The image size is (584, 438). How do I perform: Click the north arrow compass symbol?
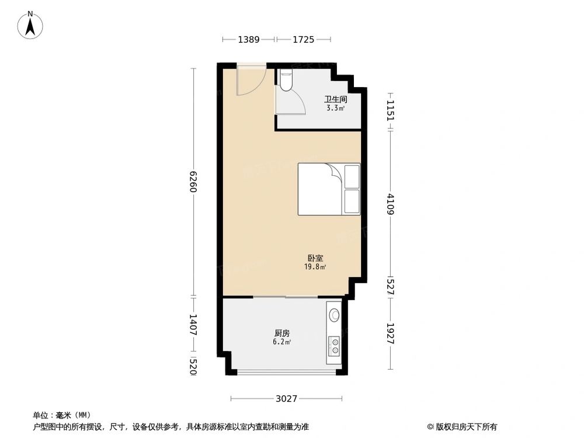click(x=30, y=25)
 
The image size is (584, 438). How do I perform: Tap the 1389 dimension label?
click(x=248, y=39)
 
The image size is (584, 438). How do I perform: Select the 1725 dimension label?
click(x=303, y=39)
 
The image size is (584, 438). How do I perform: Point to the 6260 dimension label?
click(x=193, y=182)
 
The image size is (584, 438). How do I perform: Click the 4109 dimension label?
click(x=390, y=204)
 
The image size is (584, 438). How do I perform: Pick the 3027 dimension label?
click(x=286, y=399)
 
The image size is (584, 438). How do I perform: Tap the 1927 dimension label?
click(x=390, y=333)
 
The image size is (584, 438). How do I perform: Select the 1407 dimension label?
click(x=193, y=325)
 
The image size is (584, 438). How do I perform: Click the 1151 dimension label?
click(x=390, y=110)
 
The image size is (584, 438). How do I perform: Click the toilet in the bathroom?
click(x=286, y=81)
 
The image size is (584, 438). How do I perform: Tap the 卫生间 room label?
click(x=335, y=99)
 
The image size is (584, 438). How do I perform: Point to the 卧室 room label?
click(x=315, y=258)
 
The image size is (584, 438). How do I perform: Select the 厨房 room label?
click(x=282, y=333)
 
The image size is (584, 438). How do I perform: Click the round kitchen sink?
click(x=335, y=315)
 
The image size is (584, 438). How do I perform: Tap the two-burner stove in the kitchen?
click(x=335, y=346)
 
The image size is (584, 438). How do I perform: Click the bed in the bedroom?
click(x=329, y=189)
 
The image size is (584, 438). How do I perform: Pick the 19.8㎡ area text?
click(x=315, y=267)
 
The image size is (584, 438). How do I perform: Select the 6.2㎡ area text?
click(x=282, y=342)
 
